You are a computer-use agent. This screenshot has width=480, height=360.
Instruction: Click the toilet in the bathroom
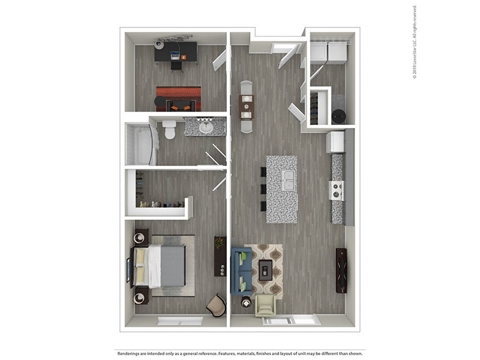(169, 129)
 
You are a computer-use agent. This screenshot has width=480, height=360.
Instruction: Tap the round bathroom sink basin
(206, 127)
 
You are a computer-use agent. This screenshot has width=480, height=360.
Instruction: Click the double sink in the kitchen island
(289, 181)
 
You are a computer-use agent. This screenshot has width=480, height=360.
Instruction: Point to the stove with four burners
(337, 190)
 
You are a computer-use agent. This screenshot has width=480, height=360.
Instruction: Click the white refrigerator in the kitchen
(335, 142)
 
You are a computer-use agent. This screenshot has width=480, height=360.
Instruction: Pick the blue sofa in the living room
(241, 271)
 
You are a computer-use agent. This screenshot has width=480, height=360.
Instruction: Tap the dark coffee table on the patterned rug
(265, 270)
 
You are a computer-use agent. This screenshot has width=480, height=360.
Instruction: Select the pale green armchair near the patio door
(266, 305)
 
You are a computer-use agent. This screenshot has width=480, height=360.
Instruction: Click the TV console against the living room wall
(341, 271)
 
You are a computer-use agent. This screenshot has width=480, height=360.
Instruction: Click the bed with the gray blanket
(158, 266)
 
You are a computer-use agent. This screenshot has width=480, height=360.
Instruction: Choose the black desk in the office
(176, 52)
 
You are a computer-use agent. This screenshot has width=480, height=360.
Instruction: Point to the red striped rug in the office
(178, 98)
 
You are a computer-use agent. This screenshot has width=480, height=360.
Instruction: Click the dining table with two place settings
(247, 107)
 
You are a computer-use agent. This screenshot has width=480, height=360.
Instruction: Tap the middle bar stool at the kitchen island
(263, 189)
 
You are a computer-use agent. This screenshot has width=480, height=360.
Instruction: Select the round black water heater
(338, 116)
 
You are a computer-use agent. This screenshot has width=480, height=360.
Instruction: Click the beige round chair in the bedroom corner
(216, 305)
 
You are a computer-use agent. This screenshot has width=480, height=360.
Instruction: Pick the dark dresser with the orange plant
(220, 256)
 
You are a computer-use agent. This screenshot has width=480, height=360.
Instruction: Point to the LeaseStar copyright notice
(415, 42)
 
